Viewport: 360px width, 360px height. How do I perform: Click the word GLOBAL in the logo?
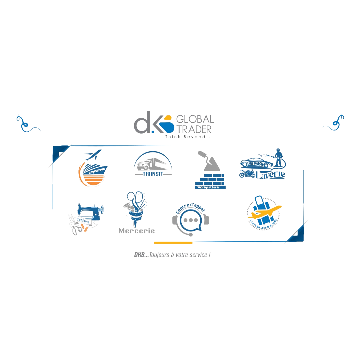click(195, 119)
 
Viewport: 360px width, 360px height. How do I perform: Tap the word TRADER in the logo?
click(194, 129)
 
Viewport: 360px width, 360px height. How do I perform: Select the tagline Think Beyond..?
click(189, 137)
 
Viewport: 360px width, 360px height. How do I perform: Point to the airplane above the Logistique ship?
click(92, 155)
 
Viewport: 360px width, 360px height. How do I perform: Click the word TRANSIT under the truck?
click(153, 174)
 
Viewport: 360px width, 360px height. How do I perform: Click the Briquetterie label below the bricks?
click(210, 187)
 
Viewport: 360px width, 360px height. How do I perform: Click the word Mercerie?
click(137, 231)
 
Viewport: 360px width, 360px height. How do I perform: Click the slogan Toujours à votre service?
click(172, 255)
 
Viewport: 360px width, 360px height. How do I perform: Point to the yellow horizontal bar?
click(173, 242)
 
